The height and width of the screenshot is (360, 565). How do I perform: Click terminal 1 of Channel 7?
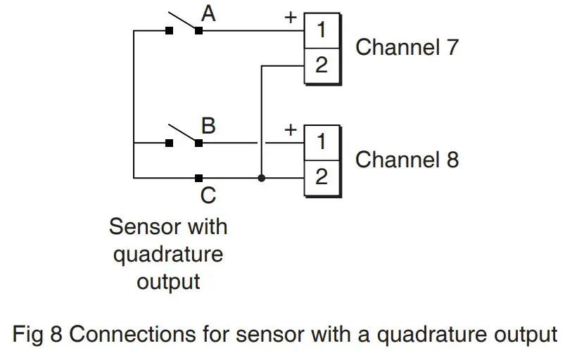pos(321,30)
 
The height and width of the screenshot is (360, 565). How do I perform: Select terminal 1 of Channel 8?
pos(321,142)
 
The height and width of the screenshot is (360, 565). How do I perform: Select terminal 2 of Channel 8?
pos(321,177)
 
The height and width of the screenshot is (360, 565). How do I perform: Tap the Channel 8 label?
pos(407,160)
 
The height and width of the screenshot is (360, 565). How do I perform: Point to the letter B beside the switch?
pos(208,127)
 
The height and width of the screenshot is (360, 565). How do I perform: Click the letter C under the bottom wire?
pos(208,195)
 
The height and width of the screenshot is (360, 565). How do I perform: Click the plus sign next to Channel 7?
pos(289,17)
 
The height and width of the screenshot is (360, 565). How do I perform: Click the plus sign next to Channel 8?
pos(289,129)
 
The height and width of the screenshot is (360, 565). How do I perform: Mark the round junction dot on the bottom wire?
pos(261,178)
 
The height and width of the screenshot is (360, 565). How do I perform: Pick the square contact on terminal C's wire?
pos(199,178)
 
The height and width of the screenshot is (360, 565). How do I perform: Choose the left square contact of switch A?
pos(169,30)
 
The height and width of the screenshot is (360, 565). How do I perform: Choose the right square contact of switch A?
pos(199,30)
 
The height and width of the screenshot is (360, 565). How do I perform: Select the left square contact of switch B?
pos(169,143)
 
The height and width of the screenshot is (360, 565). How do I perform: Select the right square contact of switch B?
pos(199,143)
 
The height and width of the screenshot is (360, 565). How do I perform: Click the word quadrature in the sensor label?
pos(168,254)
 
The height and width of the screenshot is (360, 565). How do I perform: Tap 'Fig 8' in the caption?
pos(41,333)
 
